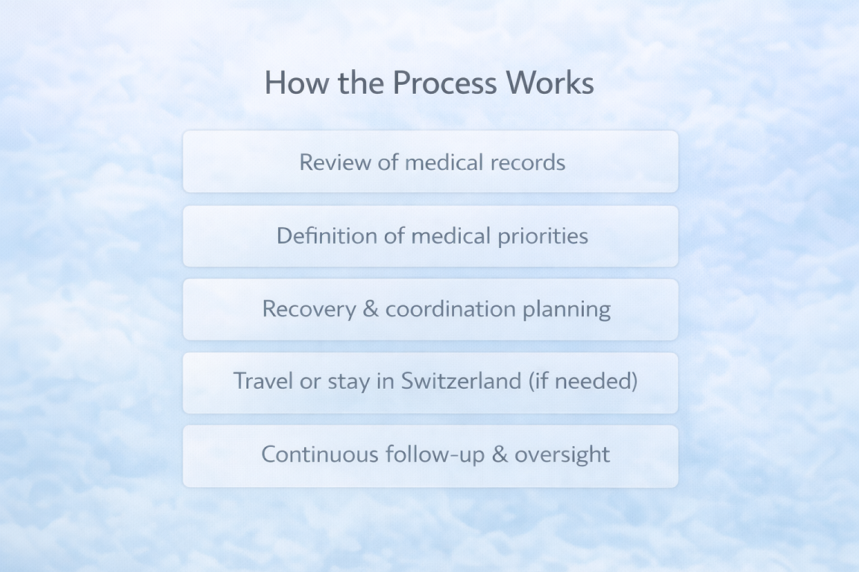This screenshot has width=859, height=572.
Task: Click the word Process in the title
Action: pyautogui.click(x=445, y=83)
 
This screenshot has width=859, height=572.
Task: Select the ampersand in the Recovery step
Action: pyautogui.click(x=371, y=309)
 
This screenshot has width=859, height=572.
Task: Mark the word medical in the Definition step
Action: pyautogui.click(x=453, y=236)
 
